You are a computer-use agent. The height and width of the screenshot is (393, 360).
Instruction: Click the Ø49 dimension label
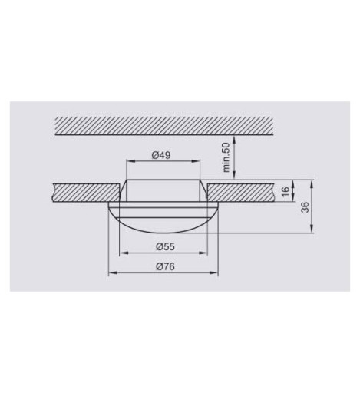pos(161,155)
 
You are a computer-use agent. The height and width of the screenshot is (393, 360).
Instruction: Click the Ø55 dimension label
pos(165,246)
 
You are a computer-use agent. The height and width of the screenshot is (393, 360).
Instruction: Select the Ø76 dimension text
pos(165,266)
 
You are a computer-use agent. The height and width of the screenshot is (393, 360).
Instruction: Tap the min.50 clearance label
pos(226,157)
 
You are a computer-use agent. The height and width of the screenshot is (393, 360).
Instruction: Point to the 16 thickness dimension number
pos(285,191)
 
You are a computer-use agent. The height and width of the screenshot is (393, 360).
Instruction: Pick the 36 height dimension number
pos(305,207)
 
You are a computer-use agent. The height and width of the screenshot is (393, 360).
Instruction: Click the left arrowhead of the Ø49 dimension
pos(130,161)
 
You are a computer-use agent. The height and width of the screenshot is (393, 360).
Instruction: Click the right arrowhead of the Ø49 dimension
pos(196,161)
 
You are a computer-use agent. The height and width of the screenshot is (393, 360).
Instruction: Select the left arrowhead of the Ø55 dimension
pos(124,253)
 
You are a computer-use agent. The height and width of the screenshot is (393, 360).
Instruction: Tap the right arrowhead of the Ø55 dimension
pos(203,253)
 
